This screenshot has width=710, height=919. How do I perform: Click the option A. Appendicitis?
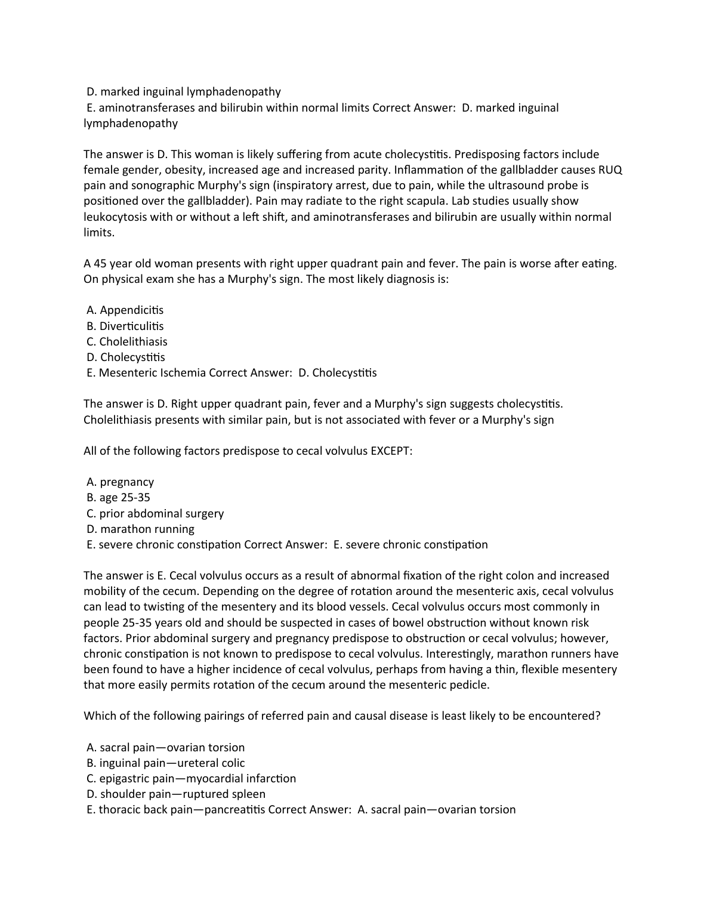[x=125, y=310]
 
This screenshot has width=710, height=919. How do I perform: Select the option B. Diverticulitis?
[x=125, y=326]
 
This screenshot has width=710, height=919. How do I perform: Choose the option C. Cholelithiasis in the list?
[x=126, y=342]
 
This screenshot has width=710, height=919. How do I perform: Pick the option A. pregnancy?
[x=120, y=482]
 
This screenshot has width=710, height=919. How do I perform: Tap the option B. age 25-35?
[x=118, y=498]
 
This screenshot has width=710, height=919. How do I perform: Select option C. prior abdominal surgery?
[x=155, y=514]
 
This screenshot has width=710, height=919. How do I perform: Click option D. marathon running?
[x=140, y=529]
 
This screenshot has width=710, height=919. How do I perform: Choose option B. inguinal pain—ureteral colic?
[x=165, y=763]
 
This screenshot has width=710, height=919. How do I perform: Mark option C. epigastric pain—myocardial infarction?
[x=191, y=779]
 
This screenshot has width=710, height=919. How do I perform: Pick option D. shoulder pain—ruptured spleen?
[x=176, y=794]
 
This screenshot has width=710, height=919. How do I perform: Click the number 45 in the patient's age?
[x=100, y=264]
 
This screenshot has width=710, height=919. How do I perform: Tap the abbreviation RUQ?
[x=610, y=170]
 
